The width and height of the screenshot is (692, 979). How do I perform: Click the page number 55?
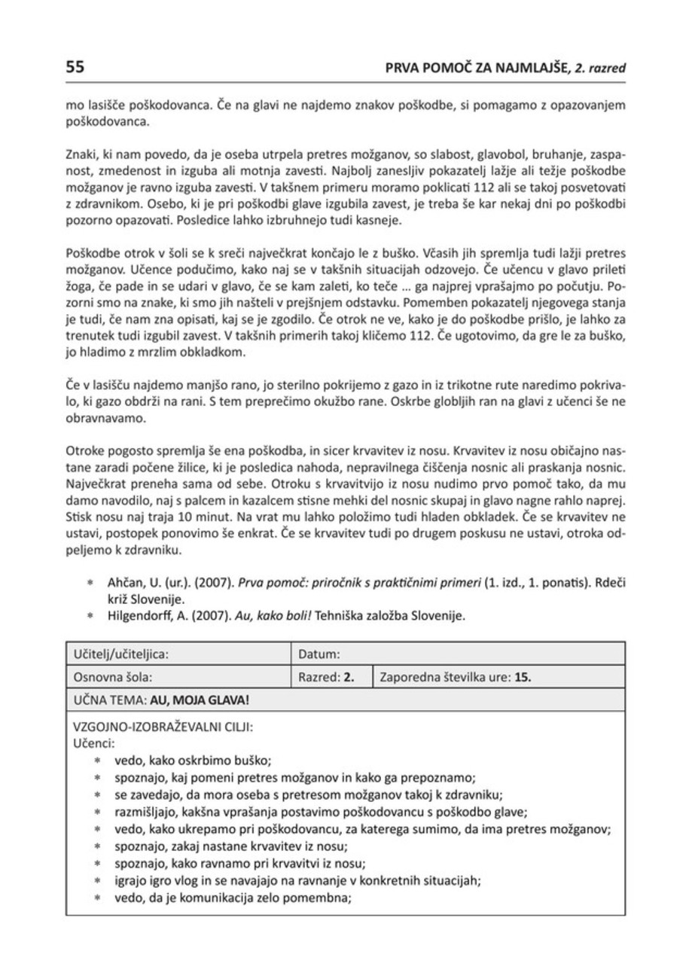click(x=75, y=67)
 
